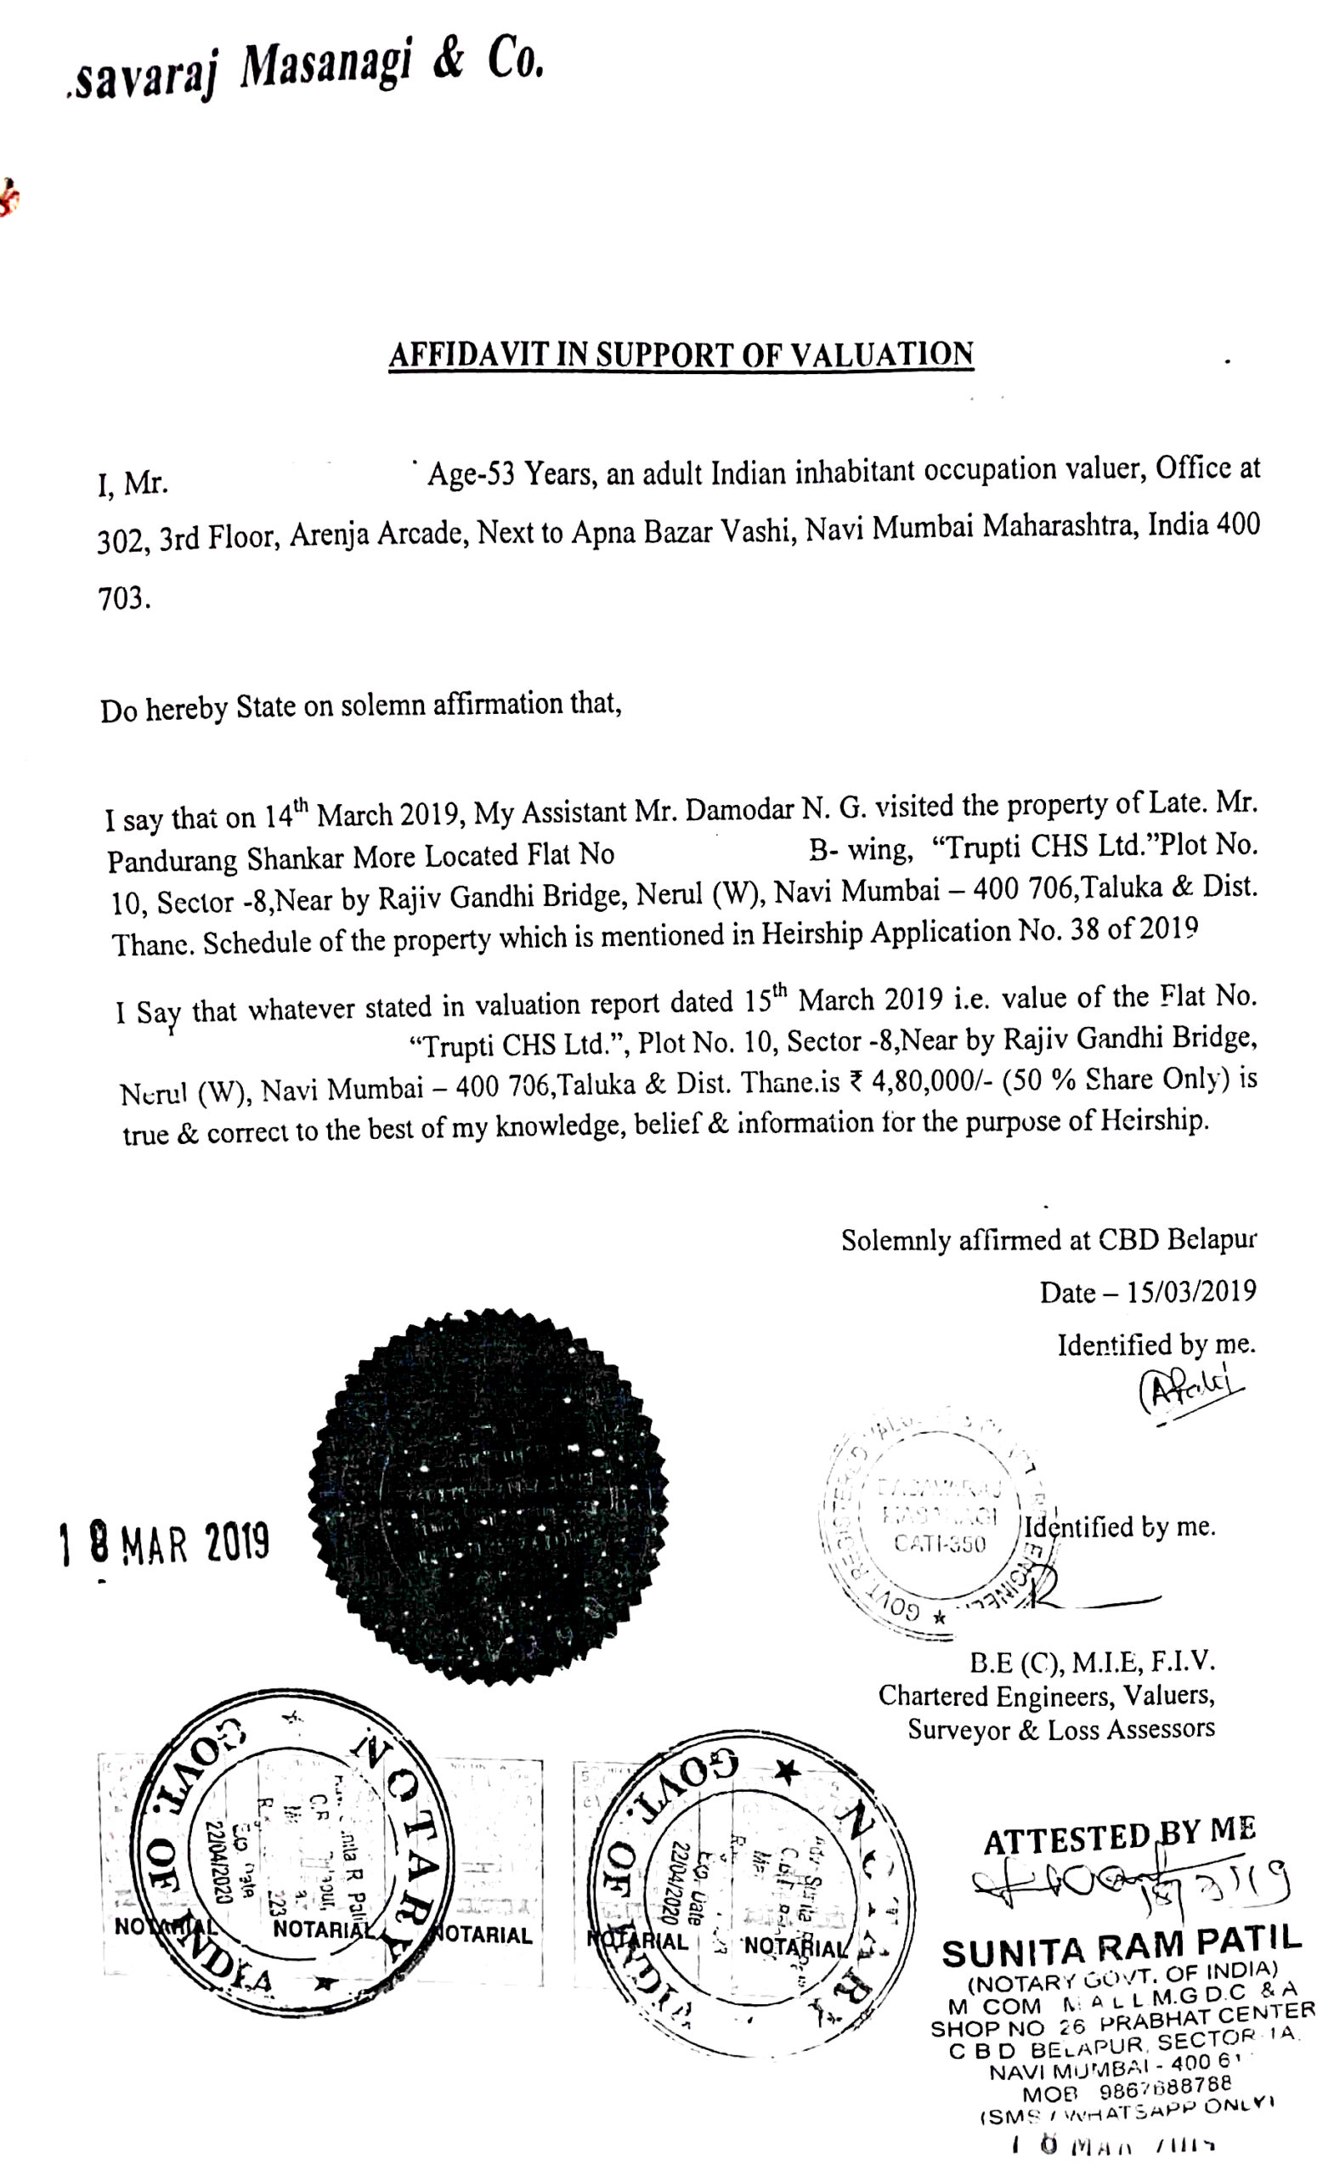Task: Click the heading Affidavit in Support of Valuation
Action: point(681,354)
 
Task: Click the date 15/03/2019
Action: point(1191,1292)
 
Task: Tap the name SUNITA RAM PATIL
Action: point(1122,1947)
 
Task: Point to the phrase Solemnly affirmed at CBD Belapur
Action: point(1048,1240)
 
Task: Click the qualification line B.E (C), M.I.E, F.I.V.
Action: point(1092,1662)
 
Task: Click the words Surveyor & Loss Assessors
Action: point(1060,1728)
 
